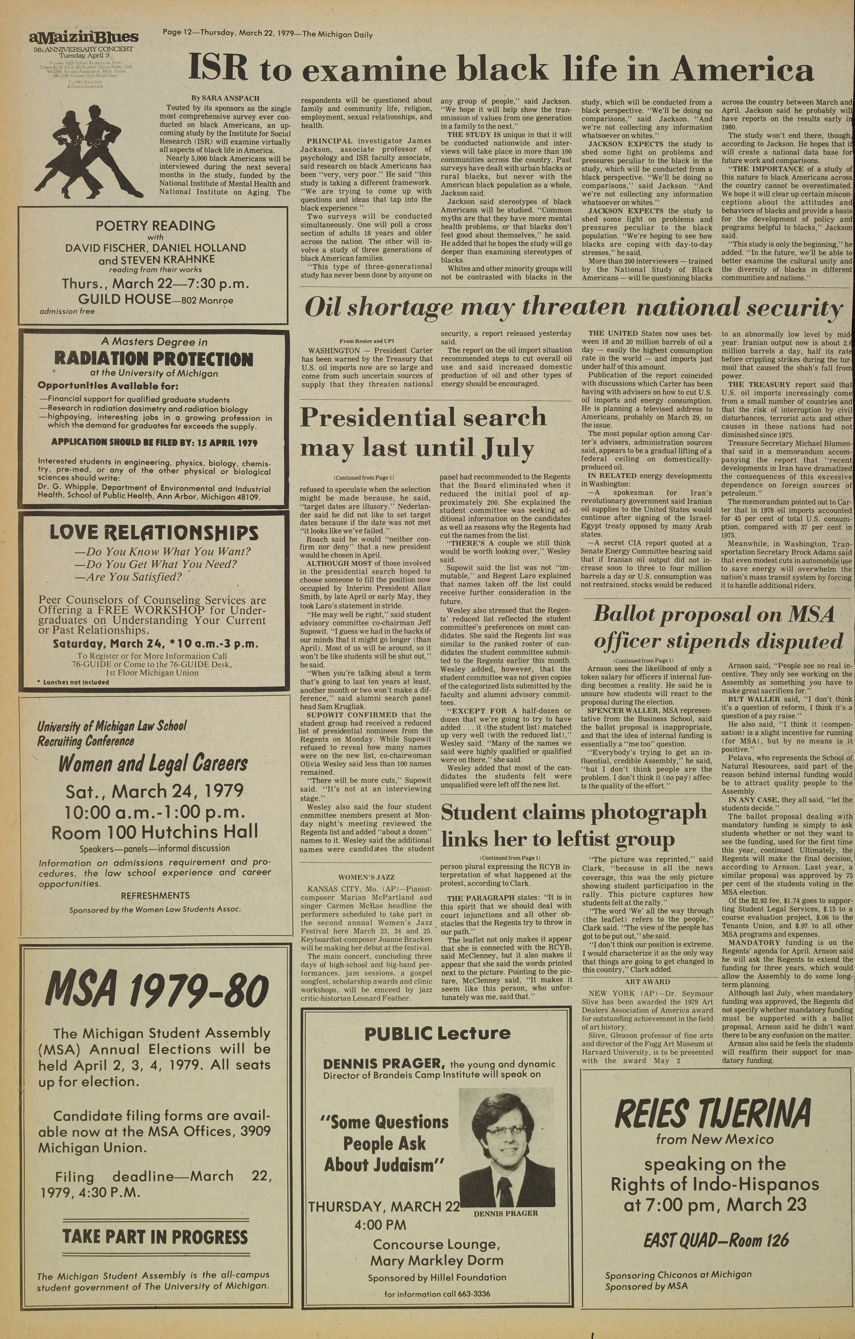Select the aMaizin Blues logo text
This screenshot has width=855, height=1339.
tap(83, 38)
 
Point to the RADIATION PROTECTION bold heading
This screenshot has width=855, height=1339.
tap(146, 359)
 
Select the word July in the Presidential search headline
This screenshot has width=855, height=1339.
tap(508, 448)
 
